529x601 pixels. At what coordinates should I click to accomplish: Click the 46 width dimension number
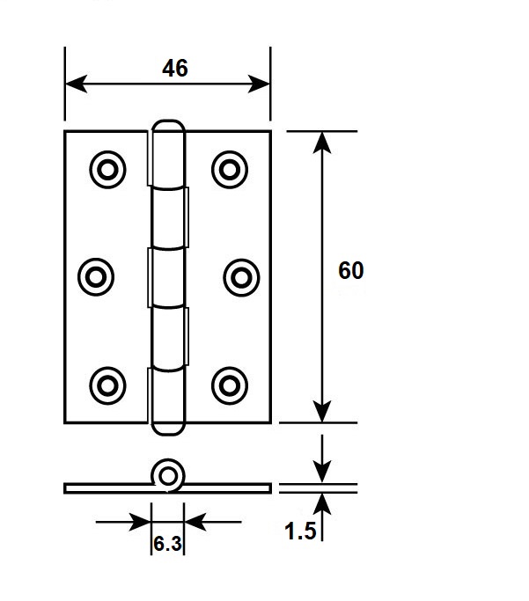175,69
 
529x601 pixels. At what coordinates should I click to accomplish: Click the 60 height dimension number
350,270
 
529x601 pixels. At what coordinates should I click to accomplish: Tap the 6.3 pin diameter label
167,544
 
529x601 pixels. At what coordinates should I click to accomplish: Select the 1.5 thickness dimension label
300,531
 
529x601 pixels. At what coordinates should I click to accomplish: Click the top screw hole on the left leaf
107,170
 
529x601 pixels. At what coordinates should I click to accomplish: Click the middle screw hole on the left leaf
96,276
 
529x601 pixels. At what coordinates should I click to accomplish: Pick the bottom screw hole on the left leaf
107,385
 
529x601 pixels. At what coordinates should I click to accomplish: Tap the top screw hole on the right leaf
230,170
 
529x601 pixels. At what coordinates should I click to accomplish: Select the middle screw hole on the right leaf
241,277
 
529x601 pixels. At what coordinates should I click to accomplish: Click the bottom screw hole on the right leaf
230,385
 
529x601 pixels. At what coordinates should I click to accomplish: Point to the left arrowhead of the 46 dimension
77,84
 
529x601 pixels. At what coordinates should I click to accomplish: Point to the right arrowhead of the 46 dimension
259,84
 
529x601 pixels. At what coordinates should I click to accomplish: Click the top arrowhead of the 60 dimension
322,143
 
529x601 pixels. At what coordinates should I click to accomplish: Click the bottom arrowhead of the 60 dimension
322,411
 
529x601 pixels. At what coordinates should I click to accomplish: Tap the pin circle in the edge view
168,476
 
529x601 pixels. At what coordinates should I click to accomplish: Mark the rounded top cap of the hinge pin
168,127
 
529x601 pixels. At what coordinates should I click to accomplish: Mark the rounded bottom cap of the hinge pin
168,429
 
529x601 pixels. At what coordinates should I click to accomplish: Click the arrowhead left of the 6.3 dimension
140,522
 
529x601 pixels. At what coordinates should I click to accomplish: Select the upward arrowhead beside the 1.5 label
322,503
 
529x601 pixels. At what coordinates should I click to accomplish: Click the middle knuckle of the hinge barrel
168,277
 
